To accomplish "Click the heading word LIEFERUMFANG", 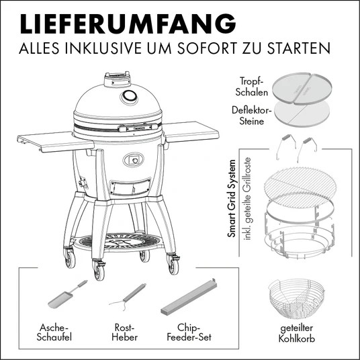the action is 128,24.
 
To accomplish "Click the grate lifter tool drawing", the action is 128,297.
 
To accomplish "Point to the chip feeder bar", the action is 189,298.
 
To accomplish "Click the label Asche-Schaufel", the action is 54,332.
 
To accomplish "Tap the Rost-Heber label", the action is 125,332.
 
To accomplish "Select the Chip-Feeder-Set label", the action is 189,332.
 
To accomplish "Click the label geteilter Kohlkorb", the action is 297,333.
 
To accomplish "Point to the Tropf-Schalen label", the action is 252,87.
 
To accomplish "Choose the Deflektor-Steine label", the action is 252,116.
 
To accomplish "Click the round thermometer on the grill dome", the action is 129,97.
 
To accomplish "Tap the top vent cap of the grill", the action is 118,79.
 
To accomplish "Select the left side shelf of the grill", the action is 56,142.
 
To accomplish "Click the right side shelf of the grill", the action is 191,132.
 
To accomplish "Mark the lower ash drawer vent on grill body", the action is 130,186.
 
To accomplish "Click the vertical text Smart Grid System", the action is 232,198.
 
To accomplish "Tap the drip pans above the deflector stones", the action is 302,89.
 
